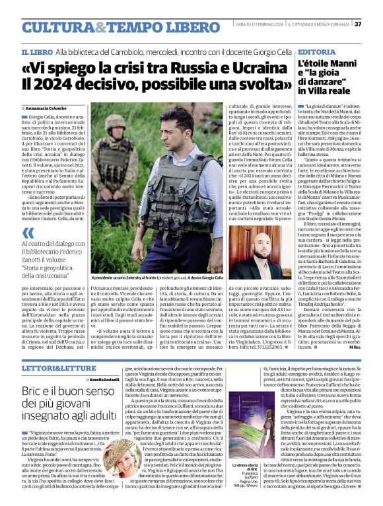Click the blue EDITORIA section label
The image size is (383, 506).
click(316, 52)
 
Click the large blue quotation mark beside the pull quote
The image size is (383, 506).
click(28, 233)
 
